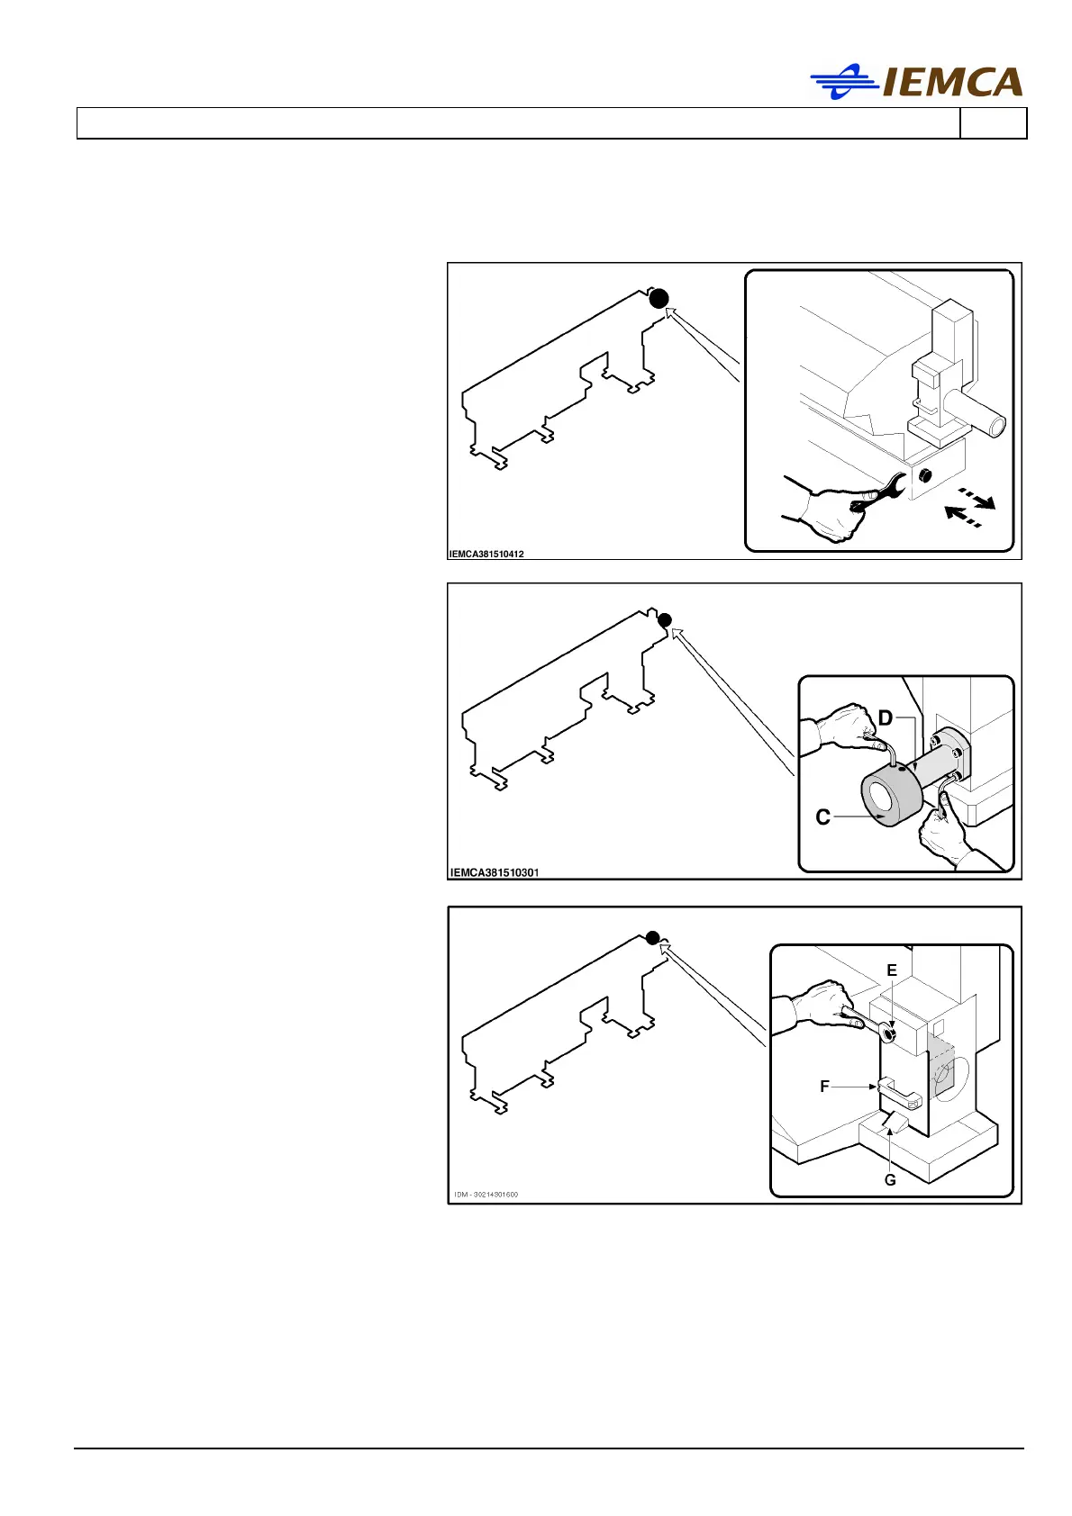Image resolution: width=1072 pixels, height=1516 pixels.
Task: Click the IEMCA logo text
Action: (x=953, y=83)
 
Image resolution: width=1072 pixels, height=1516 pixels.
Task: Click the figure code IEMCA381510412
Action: (x=486, y=554)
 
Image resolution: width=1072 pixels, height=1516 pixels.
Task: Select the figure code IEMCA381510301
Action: (x=495, y=872)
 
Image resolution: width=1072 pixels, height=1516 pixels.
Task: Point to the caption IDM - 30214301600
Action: (x=486, y=1195)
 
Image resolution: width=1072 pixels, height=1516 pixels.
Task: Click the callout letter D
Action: (x=885, y=717)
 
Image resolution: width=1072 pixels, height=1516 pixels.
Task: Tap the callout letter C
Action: (x=822, y=817)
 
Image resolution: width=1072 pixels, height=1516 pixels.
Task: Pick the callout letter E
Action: (x=892, y=970)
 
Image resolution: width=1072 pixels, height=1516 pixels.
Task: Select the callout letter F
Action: (x=824, y=1087)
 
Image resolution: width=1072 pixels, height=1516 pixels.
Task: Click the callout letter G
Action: (x=890, y=1179)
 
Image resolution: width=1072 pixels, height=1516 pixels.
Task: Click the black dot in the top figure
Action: (x=659, y=298)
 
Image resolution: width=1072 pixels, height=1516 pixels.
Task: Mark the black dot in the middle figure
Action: (x=665, y=619)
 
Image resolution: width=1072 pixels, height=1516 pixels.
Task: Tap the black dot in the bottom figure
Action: (x=653, y=938)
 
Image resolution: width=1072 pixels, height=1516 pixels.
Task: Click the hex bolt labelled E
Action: (x=888, y=1034)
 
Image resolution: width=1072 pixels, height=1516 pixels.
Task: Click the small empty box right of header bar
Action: (x=993, y=123)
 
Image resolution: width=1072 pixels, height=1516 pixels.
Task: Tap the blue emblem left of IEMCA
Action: (x=843, y=82)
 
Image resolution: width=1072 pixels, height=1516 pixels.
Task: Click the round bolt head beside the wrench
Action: (x=924, y=476)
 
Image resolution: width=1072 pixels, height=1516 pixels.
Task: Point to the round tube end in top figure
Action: (x=996, y=423)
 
